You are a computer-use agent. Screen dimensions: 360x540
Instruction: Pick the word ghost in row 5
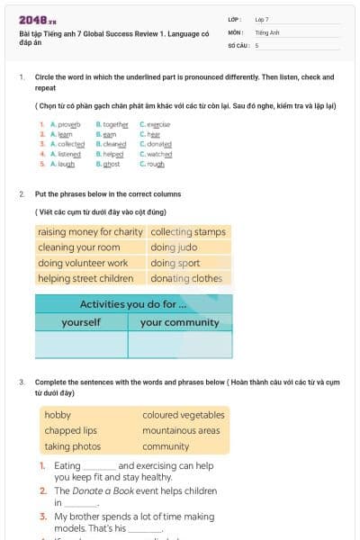pos(111,165)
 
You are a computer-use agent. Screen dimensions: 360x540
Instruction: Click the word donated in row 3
pos(158,144)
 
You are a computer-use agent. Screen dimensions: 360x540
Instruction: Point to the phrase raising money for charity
pos(90,232)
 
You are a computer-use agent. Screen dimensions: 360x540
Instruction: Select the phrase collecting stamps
pos(188,232)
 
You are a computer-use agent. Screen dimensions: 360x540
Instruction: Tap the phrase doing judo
pos(174,247)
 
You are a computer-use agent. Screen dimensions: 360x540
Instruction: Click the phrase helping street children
pos(85,278)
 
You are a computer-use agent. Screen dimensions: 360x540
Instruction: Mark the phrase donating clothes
pos(186,278)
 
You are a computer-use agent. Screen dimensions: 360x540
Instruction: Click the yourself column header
pos(81,322)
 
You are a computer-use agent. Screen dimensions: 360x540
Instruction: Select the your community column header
pos(179,322)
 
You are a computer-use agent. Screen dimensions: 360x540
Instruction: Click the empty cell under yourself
pos(81,345)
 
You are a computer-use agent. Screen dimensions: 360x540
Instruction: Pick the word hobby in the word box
pos(58,415)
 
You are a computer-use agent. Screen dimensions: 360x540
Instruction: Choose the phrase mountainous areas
pos(181,430)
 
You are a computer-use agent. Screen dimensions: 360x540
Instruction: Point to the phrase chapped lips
pos(70,430)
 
